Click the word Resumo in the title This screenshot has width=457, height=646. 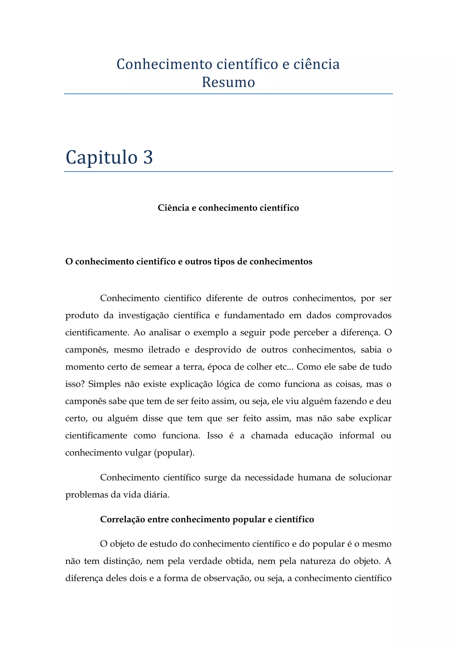pyautogui.click(x=228, y=83)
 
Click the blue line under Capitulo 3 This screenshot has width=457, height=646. pyautogui.click(x=228, y=171)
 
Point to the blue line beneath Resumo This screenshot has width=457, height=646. pyautogui.click(x=228, y=94)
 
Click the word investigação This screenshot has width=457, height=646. pyautogui.click(x=143, y=315)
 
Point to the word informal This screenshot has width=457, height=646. pyautogui.click(x=356, y=436)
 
